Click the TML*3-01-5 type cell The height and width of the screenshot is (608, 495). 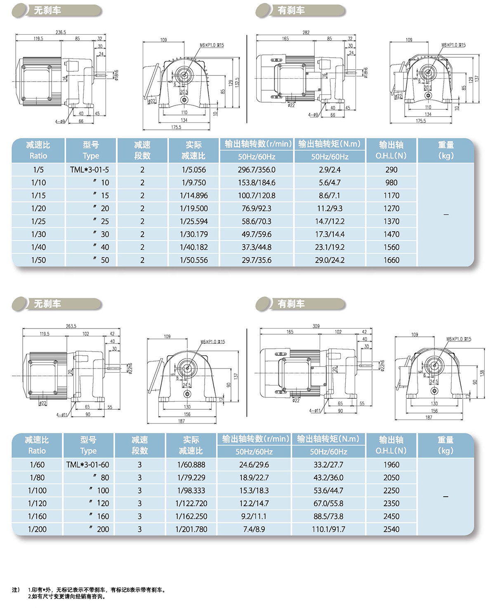pos(90,170)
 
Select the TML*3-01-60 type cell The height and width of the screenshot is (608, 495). pos(87,465)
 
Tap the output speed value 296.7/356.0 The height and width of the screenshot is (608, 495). pos(256,170)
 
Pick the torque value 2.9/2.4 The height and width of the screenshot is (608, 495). pos(330,170)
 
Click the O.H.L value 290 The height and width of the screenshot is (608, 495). pos(391,170)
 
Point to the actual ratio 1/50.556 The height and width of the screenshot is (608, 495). pos(193,260)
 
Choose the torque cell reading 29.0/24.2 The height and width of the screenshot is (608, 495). pos(330,260)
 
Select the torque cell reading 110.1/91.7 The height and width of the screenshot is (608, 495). pos(328,529)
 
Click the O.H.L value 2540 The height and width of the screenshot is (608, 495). pos(391,529)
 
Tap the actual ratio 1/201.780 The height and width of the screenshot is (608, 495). pos(191,529)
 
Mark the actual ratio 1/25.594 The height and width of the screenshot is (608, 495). pos(193,221)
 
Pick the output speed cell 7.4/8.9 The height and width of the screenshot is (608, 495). pos(254,529)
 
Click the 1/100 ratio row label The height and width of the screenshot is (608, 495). pos(37,491)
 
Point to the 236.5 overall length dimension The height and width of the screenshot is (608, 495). pos(61,32)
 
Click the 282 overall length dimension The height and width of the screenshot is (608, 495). pos(306,33)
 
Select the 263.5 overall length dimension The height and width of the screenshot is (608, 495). pos(71,326)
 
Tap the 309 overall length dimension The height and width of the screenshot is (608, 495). pos(316,326)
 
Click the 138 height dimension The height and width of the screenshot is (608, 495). pos(482,373)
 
